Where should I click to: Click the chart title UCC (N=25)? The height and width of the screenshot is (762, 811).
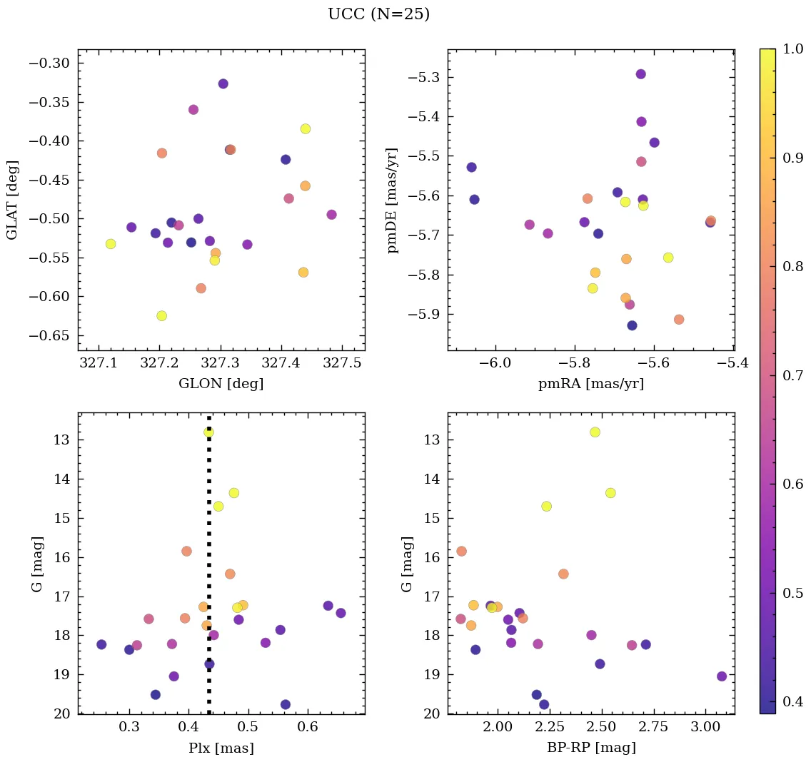coord(378,14)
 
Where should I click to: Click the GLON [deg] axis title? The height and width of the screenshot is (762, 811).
coord(221,384)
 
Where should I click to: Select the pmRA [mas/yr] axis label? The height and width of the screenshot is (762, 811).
coord(590,384)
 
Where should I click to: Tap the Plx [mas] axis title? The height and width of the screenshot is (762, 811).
coord(221,748)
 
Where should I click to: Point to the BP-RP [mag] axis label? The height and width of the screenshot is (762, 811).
coord(590,748)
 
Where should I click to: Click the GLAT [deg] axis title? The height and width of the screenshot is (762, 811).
coord(12,200)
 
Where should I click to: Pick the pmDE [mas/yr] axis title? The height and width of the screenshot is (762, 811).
coord(392,200)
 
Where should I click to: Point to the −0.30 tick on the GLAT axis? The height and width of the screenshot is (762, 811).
coord(48,63)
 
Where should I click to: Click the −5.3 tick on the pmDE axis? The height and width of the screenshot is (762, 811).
coord(421,77)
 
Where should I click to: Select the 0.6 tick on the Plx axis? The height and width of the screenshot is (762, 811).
coord(308,728)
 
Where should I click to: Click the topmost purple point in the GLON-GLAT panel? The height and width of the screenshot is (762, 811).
coord(223,83)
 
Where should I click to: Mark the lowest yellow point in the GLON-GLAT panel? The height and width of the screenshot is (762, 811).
coord(161,315)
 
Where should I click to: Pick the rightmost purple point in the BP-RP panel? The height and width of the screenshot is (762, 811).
coord(722,676)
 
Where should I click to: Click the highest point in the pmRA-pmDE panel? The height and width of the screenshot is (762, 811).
coord(640,74)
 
